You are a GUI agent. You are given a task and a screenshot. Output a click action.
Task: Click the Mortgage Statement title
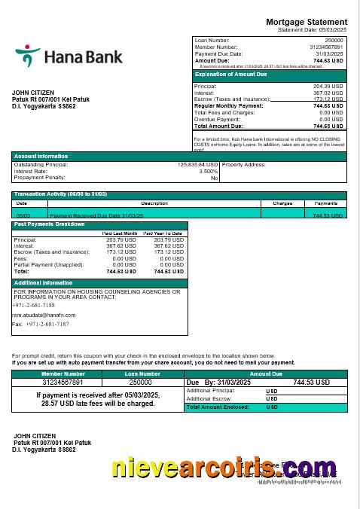307,22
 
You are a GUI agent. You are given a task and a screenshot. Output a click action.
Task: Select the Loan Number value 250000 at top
334,40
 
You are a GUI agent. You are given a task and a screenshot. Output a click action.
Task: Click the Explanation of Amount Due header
230,75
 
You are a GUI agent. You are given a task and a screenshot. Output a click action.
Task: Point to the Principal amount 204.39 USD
328,87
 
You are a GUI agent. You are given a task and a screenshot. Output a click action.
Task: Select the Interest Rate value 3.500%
208,171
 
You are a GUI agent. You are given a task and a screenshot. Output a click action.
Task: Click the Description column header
154,203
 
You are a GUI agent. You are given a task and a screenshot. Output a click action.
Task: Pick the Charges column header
282,203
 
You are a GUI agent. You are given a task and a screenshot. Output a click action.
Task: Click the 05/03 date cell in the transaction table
22,215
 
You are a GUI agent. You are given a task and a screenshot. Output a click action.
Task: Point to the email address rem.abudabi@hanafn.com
44,315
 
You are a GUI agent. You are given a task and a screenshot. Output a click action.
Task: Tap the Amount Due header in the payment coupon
266,373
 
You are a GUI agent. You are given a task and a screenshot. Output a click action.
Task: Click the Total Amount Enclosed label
213,407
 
